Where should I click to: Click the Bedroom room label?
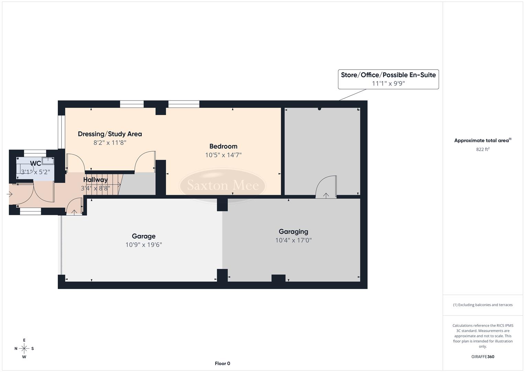click(223, 146)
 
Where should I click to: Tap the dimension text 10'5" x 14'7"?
click(223, 155)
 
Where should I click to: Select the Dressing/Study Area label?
click(110, 134)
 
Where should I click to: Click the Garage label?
click(143, 236)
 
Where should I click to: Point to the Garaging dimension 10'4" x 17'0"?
click(293, 240)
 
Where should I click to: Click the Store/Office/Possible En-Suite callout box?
click(388, 79)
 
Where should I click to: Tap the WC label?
click(35, 163)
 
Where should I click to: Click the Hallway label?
click(95, 180)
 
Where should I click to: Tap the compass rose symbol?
click(24, 349)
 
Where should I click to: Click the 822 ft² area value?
click(482, 149)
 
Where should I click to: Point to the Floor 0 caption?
click(222, 363)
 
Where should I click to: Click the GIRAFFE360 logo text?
click(482, 357)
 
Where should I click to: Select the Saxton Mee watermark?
click(222, 186)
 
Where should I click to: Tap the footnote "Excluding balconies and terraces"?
click(482, 305)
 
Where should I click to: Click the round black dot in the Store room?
click(319, 109)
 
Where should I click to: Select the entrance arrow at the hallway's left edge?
click(10, 195)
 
